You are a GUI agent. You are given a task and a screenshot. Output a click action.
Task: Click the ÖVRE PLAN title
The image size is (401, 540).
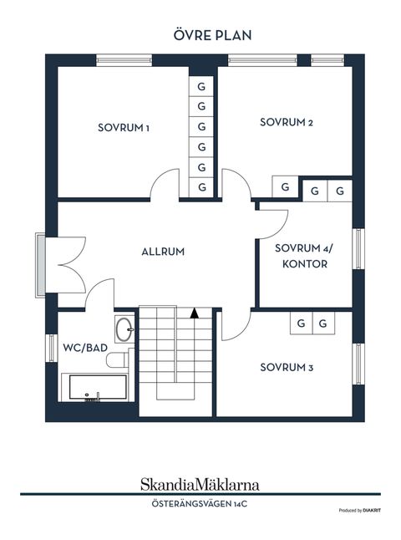point(212,35)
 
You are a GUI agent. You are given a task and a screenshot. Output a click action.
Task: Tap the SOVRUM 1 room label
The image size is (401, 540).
point(124,128)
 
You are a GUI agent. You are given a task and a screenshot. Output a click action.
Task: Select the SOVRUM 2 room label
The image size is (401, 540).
point(287,122)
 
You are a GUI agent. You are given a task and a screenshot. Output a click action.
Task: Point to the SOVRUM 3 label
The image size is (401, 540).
point(287,368)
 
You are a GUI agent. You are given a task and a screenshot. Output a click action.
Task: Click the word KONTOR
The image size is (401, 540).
point(305,264)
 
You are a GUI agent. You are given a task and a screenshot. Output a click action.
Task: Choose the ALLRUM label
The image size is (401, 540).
point(163,252)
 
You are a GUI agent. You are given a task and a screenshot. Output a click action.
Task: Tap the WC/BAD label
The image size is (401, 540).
point(85,348)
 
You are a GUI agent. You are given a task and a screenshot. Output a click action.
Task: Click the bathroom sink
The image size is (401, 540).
point(124,329)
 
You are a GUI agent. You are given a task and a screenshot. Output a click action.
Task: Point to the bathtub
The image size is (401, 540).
point(98,387)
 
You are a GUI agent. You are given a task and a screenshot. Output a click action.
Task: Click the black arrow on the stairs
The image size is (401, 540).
point(195,313)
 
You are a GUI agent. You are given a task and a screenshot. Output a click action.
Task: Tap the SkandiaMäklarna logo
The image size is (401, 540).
point(200,485)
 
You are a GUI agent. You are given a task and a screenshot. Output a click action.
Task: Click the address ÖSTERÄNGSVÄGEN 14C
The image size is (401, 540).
point(200,504)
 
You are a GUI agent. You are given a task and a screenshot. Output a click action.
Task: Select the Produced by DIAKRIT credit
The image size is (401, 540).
point(360,511)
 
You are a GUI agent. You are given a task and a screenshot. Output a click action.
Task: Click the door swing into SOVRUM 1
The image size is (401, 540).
point(165,184)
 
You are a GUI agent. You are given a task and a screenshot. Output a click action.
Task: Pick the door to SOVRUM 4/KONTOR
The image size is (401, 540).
point(272,225)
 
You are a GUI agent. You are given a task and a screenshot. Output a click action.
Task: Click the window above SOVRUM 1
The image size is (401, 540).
point(124,61)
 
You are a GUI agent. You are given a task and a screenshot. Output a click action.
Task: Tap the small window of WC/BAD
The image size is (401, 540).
point(52,348)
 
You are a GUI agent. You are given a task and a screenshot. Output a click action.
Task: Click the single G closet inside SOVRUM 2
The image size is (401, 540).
point(285,187)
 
